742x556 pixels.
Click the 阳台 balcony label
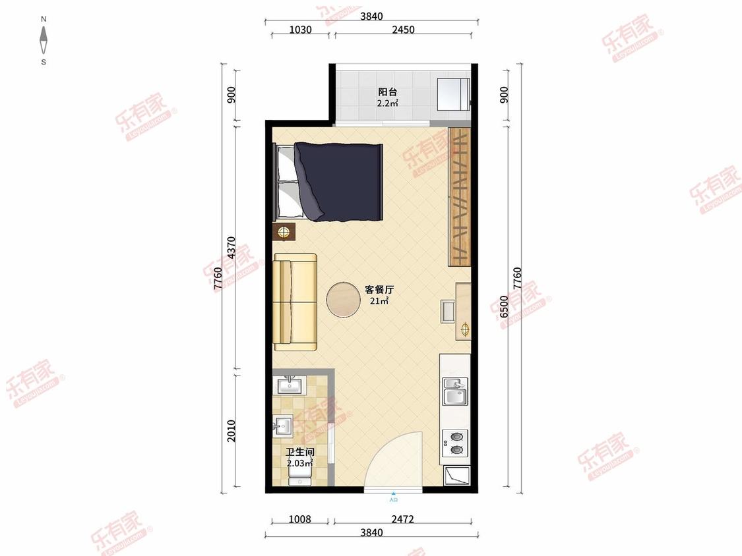point(387,92)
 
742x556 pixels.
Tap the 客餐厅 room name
point(379,290)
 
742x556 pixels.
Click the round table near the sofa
point(344,300)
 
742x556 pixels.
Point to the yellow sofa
point(295,302)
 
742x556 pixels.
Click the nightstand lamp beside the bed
point(284,231)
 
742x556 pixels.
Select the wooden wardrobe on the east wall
point(459,196)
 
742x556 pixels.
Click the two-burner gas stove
point(454,443)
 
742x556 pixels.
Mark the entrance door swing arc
point(396,458)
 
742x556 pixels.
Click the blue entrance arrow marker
point(394,493)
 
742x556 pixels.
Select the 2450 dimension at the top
point(402,30)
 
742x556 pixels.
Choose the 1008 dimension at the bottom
point(299,519)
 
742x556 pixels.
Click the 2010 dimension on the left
point(231,431)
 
